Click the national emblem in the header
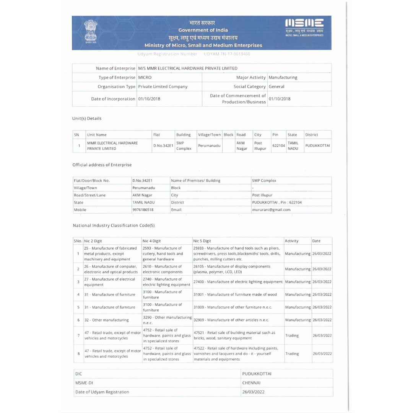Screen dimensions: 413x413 coord(91,33)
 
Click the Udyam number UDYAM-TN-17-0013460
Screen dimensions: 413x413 coord(227,54)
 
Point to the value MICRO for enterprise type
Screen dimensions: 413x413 coord(145,77)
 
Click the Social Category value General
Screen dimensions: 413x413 coord(276,86)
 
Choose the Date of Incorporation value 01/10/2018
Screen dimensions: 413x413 coord(149,99)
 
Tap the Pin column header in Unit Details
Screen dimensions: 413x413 coord(275,135)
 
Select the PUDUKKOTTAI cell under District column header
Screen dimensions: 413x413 coord(317,145)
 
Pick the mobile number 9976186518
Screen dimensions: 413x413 coord(143,210)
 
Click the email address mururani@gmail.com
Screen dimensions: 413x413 coord(271,210)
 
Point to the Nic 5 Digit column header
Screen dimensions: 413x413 coord(202,241)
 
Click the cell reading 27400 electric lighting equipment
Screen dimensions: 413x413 coord(238,282)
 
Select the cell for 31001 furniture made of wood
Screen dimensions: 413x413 coord(235,294)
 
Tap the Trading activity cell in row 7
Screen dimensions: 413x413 coord(292,335)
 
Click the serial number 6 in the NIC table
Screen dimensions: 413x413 coord(78,320)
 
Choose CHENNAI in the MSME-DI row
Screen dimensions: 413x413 coord(251,382)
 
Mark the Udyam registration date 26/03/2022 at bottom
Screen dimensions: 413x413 coord(253,392)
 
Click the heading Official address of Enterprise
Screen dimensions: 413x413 coord(102,165)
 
